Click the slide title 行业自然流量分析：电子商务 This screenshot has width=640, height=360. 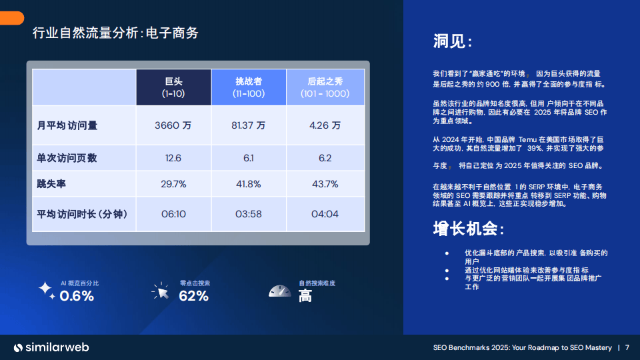click(115, 33)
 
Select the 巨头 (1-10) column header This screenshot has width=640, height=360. click(173, 87)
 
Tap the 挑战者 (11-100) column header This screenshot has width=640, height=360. click(248, 87)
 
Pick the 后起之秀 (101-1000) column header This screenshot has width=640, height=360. click(325, 87)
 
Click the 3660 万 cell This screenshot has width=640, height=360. click(173, 125)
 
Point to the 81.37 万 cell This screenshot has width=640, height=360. click(248, 125)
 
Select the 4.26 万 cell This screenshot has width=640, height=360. click(325, 125)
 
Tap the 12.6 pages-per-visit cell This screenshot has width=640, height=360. click(173, 158)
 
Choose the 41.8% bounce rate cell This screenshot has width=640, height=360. click(248, 183)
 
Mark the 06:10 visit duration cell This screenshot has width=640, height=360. click(173, 214)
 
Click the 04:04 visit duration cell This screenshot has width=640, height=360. click(325, 214)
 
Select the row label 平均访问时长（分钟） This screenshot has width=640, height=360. click(82, 214)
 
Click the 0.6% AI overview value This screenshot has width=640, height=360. click(77, 296)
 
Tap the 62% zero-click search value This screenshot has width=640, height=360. click(194, 296)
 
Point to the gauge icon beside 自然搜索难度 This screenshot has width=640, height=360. click(280, 291)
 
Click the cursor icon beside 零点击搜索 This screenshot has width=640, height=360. click(161, 291)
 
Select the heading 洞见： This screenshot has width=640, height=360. click(453, 42)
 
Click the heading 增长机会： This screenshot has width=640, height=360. click(469, 229)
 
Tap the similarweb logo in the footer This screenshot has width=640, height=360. click(52, 347)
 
